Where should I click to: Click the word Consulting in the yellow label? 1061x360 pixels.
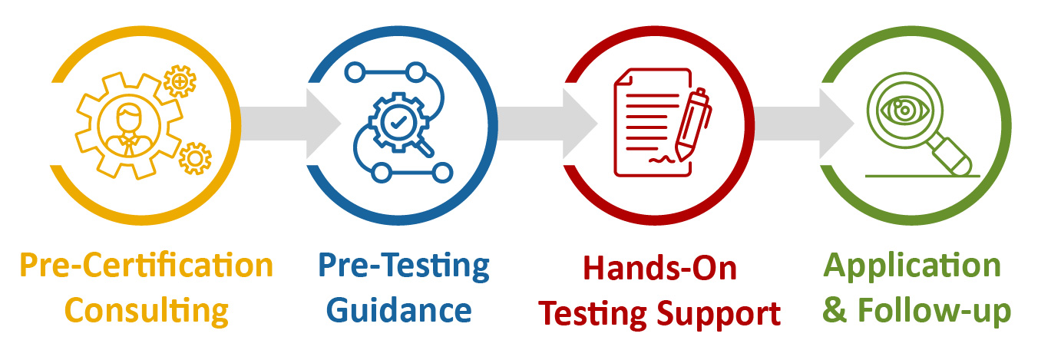click(147, 311)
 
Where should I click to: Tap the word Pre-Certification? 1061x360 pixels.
click(147, 266)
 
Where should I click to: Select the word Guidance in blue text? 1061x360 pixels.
click(399, 311)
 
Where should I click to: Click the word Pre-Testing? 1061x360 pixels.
click(404, 266)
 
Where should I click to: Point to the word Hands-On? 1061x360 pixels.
click(659, 268)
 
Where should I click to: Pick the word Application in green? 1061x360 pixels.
click(912, 266)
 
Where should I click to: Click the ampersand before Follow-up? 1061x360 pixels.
click(835, 312)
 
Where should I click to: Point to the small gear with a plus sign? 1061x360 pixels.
click(180, 81)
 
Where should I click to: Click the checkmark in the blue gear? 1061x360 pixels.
click(398, 121)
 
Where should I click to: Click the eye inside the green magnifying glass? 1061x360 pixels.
click(899, 110)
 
